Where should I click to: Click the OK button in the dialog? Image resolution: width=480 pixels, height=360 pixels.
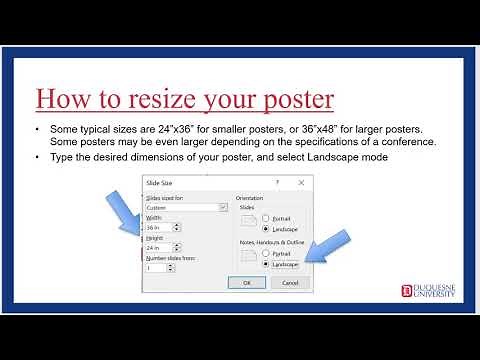246,283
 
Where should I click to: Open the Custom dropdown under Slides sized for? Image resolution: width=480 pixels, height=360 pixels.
186,207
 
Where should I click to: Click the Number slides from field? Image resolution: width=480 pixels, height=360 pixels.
155,268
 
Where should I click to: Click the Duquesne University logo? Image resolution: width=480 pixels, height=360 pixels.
429,290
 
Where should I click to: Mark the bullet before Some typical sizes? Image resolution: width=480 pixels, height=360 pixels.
38,130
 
